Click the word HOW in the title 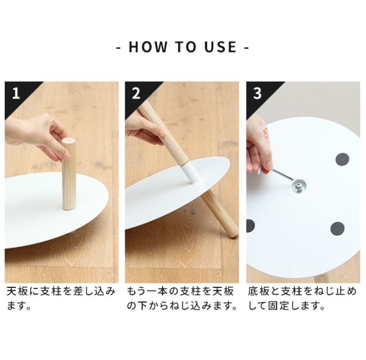(x=148, y=46)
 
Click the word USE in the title (x=221, y=46)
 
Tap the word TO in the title (x=185, y=46)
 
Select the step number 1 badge (x=16, y=93)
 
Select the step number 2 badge (x=136, y=93)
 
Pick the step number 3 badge (x=257, y=93)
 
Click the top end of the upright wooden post (x=69, y=141)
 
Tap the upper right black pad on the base (x=342, y=159)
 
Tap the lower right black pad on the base (x=337, y=229)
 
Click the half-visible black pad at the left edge (x=250, y=226)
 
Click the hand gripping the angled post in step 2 (x=145, y=130)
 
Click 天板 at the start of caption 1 (x=17, y=291)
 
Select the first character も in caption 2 (x=132, y=291)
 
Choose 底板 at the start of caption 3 (x=258, y=291)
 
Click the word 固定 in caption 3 (x=279, y=306)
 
